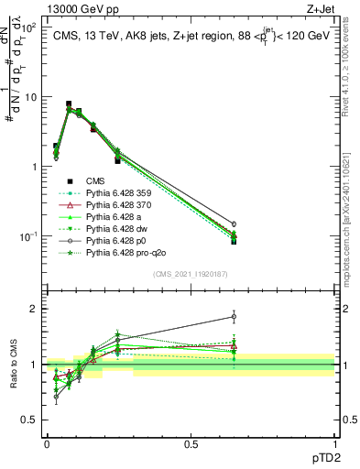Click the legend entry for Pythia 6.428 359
116,193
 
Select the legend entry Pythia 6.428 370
116,207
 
